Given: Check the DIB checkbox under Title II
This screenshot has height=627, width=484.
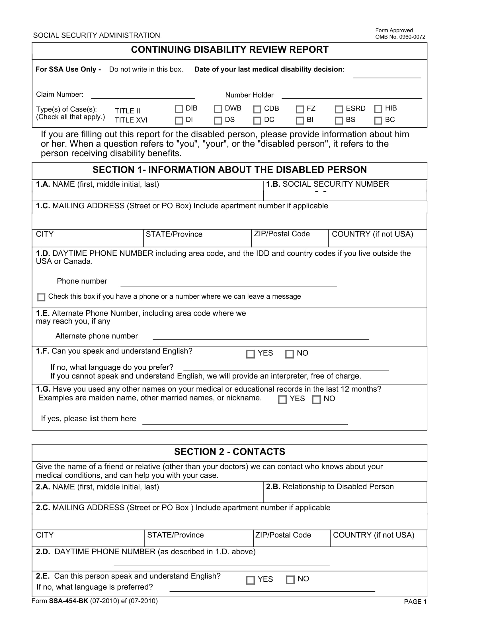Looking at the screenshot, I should pyautogui.click(x=179, y=109).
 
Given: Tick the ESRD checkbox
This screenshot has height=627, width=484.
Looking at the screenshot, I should pyautogui.click(x=339, y=109).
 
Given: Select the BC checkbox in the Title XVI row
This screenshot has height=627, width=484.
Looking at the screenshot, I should pyautogui.click(x=378, y=121).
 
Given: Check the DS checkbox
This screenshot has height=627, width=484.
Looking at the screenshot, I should pyautogui.click(x=218, y=121).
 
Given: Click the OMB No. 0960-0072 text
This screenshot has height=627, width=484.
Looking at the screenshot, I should pyautogui.click(x=400, y=37).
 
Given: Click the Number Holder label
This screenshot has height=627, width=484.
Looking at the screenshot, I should pyautogui.click(x=249, y=95).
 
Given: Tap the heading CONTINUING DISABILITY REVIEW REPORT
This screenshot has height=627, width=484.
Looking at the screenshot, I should pyautogui.click(x=229, y=50).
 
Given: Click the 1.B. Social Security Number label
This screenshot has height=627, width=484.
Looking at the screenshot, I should pyautogui.click(x=327, y=184).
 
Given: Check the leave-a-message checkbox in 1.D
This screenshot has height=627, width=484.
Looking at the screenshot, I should pyautogui.click(x=41, y=297).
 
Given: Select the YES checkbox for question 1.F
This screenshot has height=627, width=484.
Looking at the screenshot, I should pyautogui.click(x=250, y=354).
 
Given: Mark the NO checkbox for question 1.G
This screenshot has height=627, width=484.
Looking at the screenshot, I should pyautogui.click(x=316, y=400).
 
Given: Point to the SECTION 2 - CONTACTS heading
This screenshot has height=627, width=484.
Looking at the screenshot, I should pyautogui.click(x=229, y=452).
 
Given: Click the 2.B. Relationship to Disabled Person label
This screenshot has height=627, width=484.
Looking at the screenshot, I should pyautogui.click(x=329, y=486).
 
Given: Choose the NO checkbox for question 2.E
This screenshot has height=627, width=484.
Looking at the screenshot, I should pyautogui.click(x=290, y=580).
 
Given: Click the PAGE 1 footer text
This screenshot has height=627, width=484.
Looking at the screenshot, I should pyautogui.click(x=415, y=602).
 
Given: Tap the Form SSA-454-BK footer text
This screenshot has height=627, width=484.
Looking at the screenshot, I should pyautogui.click(x=95, y=601).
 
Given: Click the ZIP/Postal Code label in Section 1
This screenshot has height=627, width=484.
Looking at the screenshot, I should pyautogui.click(x=282, y=234).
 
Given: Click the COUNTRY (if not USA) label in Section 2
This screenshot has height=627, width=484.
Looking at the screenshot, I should pyautogui.click(x=373, y=535).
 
